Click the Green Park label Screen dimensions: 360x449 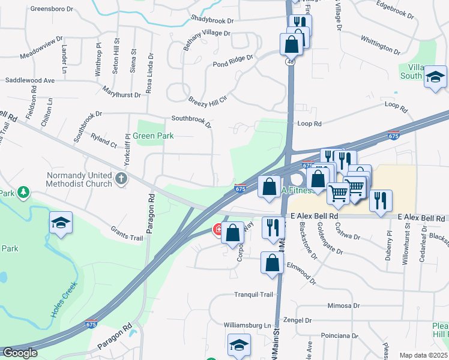(153, 136)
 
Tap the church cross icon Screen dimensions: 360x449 (121, 178)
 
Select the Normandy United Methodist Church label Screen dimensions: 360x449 (79, 179)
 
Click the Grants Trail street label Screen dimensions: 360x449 (127, 234)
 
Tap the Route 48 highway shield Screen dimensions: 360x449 (289, 62)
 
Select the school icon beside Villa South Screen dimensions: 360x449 (435, 77)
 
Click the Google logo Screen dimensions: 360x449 (20, 353)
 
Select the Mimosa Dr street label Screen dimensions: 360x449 (343, 305)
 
